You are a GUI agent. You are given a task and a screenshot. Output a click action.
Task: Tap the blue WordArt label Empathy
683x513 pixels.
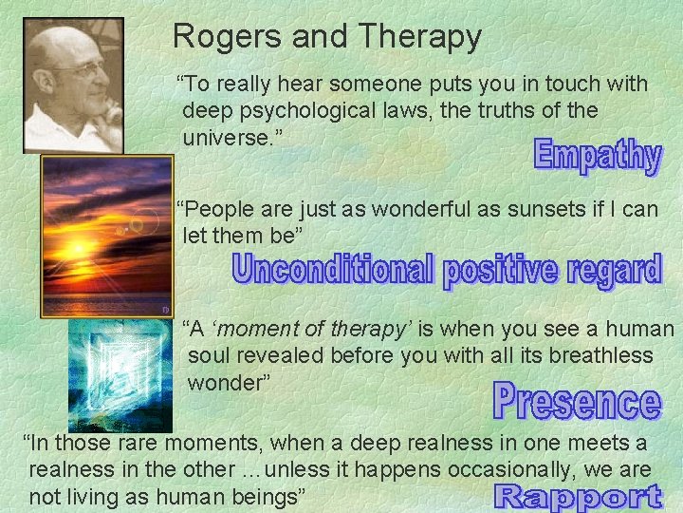[597, 156]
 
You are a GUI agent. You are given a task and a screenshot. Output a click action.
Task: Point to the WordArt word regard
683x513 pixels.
[615, 272]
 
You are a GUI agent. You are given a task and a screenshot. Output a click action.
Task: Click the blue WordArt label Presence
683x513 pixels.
[576, 402]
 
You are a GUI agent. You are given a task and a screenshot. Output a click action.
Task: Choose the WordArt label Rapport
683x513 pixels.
[578, 495]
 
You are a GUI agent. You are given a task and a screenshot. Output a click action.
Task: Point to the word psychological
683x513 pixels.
[308, 110]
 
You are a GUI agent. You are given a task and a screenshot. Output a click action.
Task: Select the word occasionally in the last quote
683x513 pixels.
[504, 469]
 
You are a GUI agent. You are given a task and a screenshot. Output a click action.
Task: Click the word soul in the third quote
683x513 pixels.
[212, 355]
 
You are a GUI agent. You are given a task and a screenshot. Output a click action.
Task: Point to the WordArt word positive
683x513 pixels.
[502, 272]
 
